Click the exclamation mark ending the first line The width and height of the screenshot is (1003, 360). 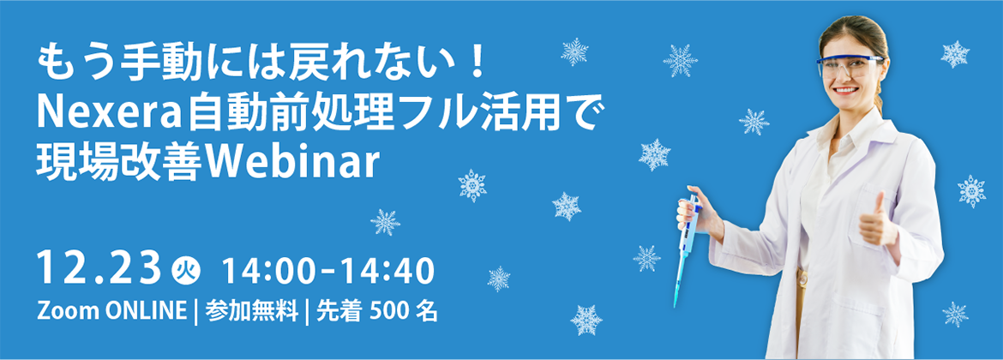coord(479,64)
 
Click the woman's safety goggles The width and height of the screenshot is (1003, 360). coord(848,66)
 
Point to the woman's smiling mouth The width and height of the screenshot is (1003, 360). coord(845,89)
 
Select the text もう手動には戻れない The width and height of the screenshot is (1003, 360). coord(249,64)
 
